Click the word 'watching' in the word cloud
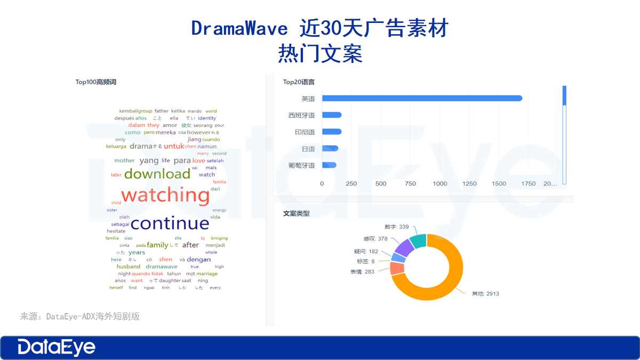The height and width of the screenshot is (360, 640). [x=165, y=195]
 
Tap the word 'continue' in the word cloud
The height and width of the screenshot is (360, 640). [x=170, y=223]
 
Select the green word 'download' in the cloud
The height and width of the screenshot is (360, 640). [x=157, y=174]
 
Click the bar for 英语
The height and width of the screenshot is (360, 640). [x=422, y=98]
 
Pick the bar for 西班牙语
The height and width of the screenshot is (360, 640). [x=332, y=115]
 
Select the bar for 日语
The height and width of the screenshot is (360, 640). [x=330, y=148]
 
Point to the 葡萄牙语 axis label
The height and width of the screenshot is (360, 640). [x=301, y=165]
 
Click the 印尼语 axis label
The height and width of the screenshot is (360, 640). [x=301, y=132]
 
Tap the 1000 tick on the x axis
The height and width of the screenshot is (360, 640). [x=440, y=184]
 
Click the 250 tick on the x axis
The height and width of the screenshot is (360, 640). [x=351, y=184]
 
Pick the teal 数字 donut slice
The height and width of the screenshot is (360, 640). [x=418, y=241]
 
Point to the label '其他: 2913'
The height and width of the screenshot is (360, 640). [x=485, y=293]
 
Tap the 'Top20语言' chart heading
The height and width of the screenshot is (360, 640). [x=299, y=82]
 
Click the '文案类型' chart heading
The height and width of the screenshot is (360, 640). [x=296, y=213]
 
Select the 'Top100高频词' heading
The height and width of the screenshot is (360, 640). [x=95, y=82]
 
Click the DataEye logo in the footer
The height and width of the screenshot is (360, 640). [x=57, y=347]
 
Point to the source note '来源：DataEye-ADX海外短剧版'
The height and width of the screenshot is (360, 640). [x=80, y=316]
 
